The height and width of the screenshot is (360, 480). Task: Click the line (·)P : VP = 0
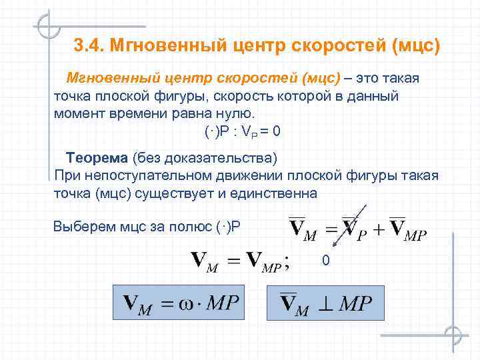pyautogui.click(x=243, y=131)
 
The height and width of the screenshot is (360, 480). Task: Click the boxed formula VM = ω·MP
pyautogui.click(x=180, y=303)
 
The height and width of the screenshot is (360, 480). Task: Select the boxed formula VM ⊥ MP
pyautogui.click(x=326, y=303)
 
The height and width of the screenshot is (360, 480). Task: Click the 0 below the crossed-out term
pyautogui.click(x=325, y=260)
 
